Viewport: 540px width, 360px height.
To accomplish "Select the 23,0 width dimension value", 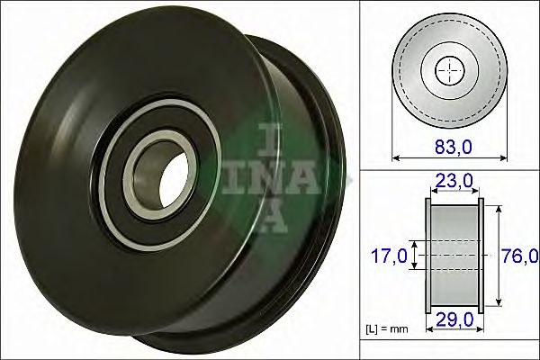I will click(454, 180).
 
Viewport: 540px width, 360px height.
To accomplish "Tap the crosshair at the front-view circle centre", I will click(449, 70).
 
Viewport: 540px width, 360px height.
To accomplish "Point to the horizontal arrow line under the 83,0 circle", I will click(449, 157).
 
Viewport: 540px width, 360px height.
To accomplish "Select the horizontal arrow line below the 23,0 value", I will click(454, 193).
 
